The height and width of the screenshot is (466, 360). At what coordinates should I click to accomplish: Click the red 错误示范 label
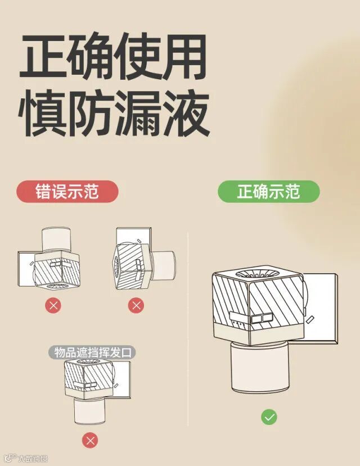pos(67,191)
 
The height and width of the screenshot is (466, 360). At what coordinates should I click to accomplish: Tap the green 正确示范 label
pos(269,191)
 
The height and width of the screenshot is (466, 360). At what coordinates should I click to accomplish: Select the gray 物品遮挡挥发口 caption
pos(92,353)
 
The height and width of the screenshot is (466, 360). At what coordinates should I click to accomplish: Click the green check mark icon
pos(269,417)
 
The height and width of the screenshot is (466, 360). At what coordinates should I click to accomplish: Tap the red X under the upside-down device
pos(53,305)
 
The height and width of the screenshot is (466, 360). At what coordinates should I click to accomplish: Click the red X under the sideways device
pos(136,305)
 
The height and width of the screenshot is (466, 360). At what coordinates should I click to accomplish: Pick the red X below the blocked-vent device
pos(91,441)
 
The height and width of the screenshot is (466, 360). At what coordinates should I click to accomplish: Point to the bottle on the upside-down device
pos(56,239)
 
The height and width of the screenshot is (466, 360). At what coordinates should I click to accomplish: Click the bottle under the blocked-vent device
pos(89,411)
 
